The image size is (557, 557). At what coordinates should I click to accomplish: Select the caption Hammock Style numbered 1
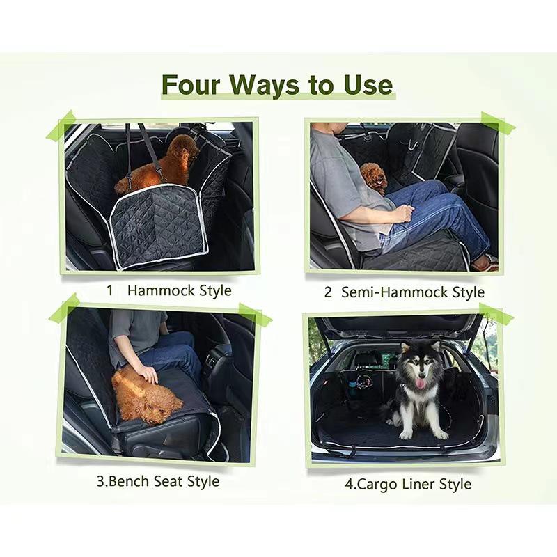(x=179, y=290)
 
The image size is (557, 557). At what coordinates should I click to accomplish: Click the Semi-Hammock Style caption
(x=413, y=292)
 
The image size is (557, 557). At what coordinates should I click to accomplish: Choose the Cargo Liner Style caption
(x=413, y=484)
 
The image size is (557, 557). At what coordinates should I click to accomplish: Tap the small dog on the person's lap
(x=374, y=178)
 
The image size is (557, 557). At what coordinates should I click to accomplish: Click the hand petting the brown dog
(x=148, y=374)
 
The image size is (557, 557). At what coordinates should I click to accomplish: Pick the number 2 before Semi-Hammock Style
(x=328, y=292)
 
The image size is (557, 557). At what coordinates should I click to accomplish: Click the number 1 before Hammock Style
(x=109, y=290)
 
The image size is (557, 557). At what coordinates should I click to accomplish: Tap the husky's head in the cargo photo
(x=418, y=366)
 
